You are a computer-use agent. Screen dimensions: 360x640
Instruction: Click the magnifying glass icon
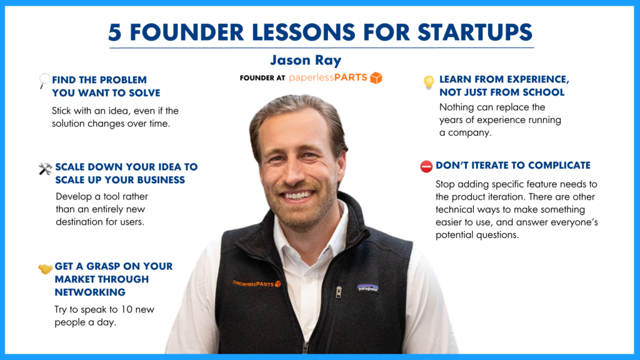point(44,80)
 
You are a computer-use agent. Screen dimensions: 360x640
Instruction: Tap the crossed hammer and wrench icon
point(45,169)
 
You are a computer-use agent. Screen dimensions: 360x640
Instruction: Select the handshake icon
point(45,269)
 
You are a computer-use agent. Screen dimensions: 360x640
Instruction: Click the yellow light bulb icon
point(428,82)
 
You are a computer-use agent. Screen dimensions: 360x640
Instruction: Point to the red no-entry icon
point(426,166)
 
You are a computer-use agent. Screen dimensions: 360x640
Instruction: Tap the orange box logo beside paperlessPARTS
point(376,78)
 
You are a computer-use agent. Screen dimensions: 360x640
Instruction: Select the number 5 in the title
point(115,32)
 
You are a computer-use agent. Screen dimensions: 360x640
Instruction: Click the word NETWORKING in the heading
point(90,292)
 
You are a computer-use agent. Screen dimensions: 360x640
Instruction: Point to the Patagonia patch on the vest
point(367,287)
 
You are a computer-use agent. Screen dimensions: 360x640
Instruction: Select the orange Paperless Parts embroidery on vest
point(257,283)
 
